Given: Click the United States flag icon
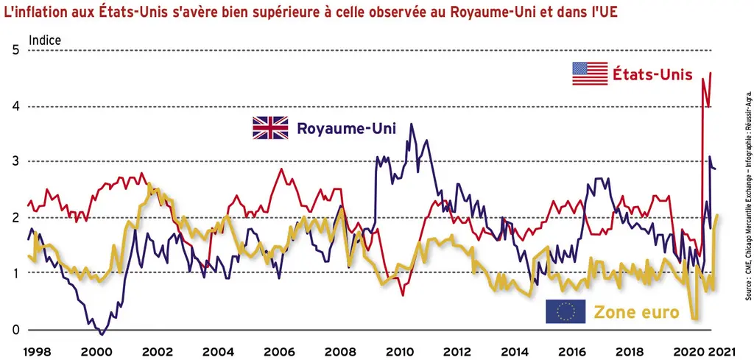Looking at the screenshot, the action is tap(590, 74).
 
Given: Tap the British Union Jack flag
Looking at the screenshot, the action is tap(270, 128).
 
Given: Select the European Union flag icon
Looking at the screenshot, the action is tap(565, 311).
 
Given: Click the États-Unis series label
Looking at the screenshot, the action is tap(652, 74).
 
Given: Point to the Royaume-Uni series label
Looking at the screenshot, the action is tap(346, 129).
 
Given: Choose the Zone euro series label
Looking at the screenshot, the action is tap(636, 312).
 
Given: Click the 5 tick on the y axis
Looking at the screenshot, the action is tap(16, 51).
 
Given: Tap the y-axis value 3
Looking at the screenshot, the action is tap(16, 161).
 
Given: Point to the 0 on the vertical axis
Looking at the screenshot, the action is tap(16, 331).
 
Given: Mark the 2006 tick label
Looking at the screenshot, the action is tap(278, 353).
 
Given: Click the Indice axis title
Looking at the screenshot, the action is tap(45, 40).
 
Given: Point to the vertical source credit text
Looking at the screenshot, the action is tap(748, 191).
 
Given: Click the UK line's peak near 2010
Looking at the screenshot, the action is tap(411, 124).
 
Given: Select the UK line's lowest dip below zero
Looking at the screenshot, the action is tap(101, 334).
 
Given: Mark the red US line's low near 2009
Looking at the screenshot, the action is tap(403, 294).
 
